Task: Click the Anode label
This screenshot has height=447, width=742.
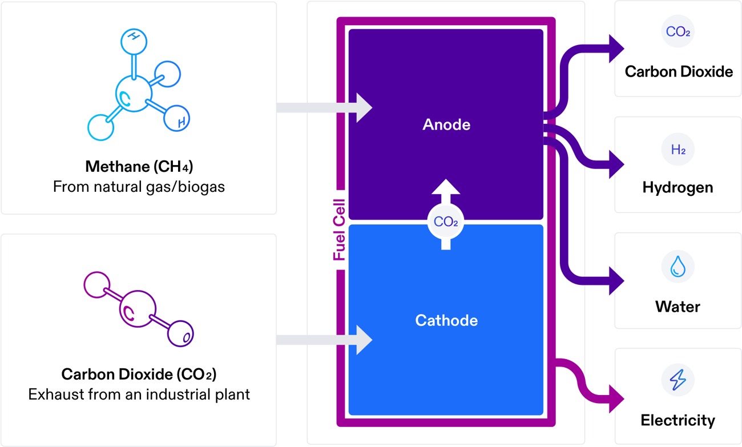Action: [446, 124]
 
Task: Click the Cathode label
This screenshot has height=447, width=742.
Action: [446, 320]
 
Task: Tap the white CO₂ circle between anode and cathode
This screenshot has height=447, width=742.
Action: [446, 222]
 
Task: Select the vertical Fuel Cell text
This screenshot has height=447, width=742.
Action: [339, 229]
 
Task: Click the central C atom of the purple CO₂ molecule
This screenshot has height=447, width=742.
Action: [136, 309]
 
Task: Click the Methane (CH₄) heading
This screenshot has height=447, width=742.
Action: [139, 167]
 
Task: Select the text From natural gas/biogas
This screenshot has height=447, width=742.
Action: [139, 187]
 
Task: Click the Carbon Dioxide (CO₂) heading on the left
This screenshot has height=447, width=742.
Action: [139, 374]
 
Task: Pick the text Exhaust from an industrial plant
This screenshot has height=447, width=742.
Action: [139, 394]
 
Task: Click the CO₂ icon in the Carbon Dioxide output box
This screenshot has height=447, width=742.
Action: [678, 32]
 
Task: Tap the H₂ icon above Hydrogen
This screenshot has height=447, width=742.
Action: [678, 150]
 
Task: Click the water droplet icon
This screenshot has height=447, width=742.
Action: [678, 267]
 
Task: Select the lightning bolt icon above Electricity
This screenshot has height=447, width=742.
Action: [678, 380]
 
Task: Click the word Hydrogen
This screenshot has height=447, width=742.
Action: [678, 187]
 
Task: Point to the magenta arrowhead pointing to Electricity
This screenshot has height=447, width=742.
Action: [616, 398]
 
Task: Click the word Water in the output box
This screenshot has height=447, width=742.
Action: [678, 307]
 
